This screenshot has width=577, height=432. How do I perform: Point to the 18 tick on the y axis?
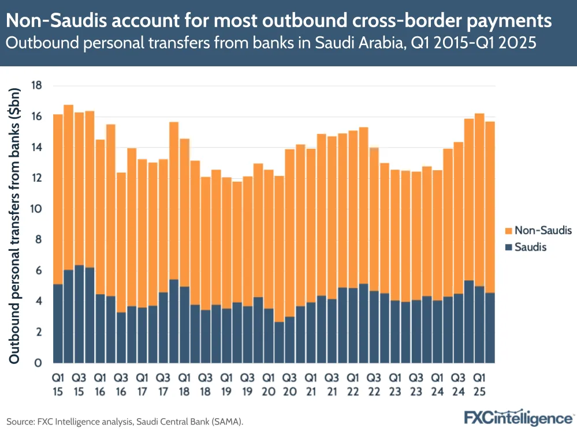point(38,86)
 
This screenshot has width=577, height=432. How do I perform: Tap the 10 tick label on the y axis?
point(38,209)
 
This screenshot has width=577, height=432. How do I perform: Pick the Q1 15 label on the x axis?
point(58,385)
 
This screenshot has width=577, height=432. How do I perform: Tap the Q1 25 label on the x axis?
point(479,385)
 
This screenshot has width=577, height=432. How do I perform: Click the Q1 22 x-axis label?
point(353,385)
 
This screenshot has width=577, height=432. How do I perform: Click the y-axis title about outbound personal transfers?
point(16,225)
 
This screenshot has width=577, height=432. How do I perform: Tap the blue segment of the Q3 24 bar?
point(458,328)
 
